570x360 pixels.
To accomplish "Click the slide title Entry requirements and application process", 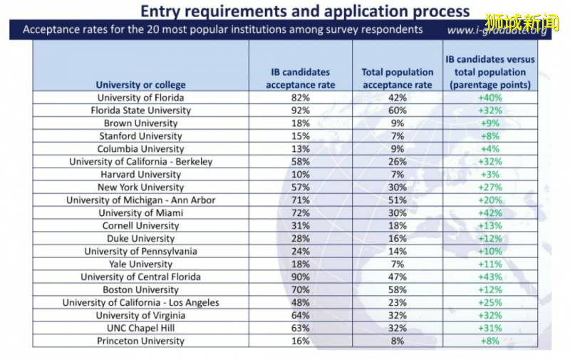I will (x=305, y=11).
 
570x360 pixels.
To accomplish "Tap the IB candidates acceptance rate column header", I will (x=300, y=78).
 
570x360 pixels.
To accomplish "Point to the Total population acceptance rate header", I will (x=397, y=78).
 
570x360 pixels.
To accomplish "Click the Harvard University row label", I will (x=140, y=175).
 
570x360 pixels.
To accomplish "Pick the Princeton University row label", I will (x=140, y=341).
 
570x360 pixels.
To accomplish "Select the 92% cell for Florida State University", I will (x=300, y=110).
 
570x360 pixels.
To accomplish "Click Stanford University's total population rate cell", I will (x=397, y=136).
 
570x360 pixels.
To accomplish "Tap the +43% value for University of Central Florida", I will (x=489, y=277).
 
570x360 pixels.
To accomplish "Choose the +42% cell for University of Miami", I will (x=489, y=213).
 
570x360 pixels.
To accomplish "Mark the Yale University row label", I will (x=140, y=264).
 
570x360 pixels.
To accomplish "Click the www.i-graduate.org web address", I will (x=498, y=31).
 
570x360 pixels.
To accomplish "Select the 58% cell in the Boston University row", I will (x=397, y=290).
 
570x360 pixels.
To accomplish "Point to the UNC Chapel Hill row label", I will (x=140, y=329).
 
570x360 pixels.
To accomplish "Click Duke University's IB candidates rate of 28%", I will (x=300, y=239).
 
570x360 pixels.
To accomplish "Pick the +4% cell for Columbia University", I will (x=489, y=149).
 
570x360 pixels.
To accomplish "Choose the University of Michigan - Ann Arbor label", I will (x=140, y=200).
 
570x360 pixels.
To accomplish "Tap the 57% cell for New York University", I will (x=300, y=187).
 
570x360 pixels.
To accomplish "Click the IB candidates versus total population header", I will (x=489, y=72).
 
